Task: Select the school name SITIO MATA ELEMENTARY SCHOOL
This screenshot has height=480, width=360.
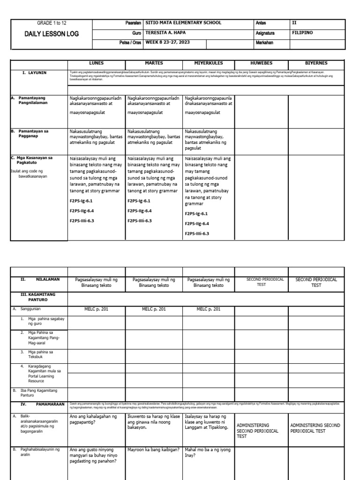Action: tap(184, 23)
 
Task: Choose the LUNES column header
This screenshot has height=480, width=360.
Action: tap(96, 63)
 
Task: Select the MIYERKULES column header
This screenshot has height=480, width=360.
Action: tap(209, 63)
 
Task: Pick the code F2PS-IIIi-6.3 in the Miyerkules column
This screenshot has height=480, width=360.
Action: tap(197, 233)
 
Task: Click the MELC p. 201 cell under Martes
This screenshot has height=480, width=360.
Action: tap(154, 309)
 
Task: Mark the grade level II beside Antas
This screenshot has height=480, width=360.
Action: tap(294, 23)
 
